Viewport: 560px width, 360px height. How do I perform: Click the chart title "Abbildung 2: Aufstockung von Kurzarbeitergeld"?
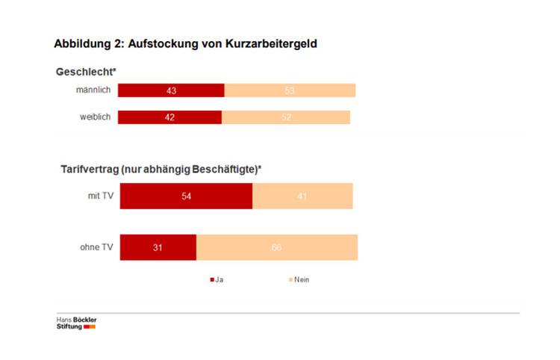pos(185,44)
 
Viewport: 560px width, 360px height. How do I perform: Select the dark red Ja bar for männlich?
pos(171,90)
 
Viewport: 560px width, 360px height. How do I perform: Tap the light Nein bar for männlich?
pos(290,90)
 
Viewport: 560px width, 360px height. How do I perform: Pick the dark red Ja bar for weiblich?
pos(169,117)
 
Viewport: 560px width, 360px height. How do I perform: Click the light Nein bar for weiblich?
pos(286,117)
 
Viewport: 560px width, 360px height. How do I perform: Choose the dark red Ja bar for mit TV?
pos(186,196)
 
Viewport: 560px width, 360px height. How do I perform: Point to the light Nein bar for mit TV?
pos(302,196)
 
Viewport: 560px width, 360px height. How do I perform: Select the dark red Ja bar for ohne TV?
pos(158,247)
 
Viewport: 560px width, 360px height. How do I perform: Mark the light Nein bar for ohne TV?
pos(277,247)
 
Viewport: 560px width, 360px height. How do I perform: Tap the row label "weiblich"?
pos(96,117)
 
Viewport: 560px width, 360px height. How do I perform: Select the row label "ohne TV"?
pos(97,247)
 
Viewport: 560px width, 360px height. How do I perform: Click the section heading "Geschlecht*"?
pos(86,72)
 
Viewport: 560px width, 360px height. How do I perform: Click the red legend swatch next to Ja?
pos(211,280)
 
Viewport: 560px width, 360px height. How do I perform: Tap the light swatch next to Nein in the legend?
pos(290,280)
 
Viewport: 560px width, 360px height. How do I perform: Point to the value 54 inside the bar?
pos(186,196)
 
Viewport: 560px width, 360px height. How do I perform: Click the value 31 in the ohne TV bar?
pos(158,247)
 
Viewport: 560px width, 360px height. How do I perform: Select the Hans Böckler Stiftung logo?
pos(77,323)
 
